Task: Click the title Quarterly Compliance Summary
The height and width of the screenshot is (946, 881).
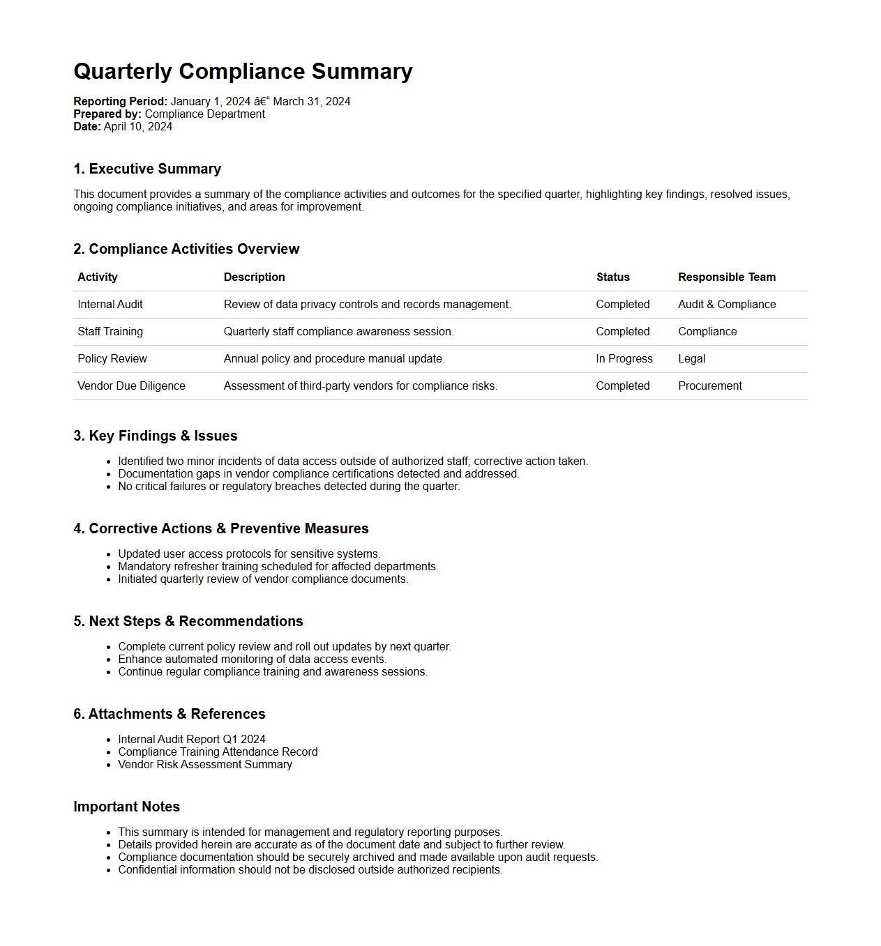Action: [x=243, y=71]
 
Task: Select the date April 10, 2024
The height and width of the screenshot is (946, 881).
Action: [x=137, y=127]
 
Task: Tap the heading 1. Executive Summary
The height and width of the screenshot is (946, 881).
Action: [x=147, y=169]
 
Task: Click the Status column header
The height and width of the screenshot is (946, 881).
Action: [x=612, y=277]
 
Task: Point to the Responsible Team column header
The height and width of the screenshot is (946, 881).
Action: [x=726, y=277]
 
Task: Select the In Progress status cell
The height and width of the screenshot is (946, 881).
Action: [x=624, y=359]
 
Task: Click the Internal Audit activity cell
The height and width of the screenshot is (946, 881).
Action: [x=110, y=305]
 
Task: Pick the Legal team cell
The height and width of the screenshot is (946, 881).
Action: [x=691, y=359]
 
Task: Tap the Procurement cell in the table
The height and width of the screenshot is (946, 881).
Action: [x=709, y=386]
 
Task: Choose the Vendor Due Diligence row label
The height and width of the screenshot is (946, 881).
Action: [x=131, y=386]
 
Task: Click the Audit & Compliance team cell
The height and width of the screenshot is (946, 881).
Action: [x=726, y=305]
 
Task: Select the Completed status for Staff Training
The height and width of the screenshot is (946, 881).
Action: [x=622, y=332]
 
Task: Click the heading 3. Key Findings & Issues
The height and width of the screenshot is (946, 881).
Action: [x=155, y=436]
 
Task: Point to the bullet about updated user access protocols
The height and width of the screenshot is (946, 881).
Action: [x=249, y=554]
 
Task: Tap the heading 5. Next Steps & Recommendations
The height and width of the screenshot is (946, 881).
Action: [x=188, y=621]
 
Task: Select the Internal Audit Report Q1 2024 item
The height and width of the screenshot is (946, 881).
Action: [x=192, y=740]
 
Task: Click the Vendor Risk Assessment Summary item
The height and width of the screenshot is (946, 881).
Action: [x=205, y=765]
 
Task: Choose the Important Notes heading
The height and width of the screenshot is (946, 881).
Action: [x=126, y=807]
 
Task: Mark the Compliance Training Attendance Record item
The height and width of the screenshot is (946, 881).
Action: [x=218, y=752]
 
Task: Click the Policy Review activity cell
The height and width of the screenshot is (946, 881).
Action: [x=112, y=359]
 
